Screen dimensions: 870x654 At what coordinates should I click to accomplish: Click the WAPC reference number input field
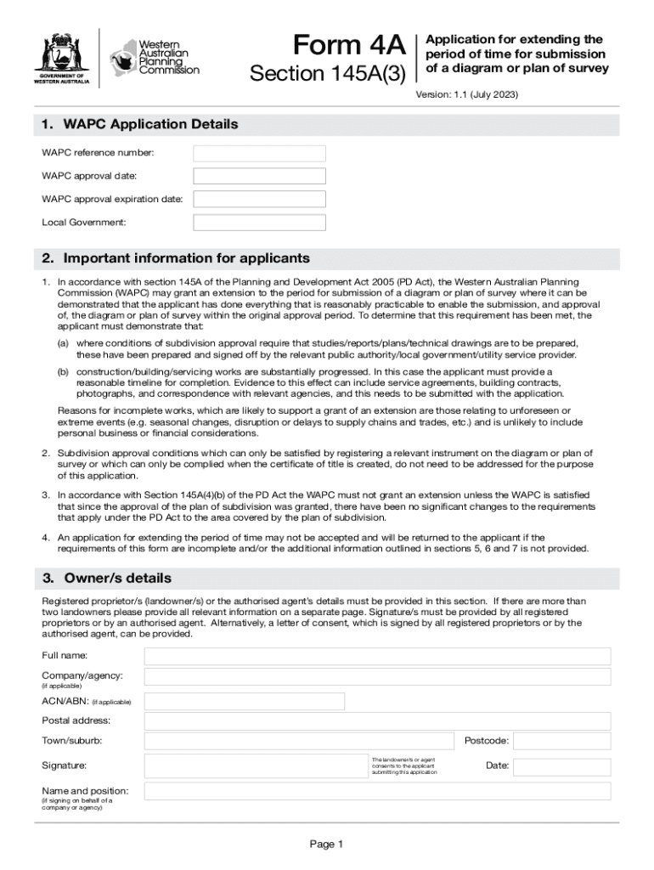pos(259,154)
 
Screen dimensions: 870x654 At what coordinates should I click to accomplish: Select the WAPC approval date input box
pos(259,177)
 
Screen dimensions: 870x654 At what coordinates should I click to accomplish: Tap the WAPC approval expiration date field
pos(259,200)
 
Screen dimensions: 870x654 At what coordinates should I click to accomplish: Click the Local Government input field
pos(259,223)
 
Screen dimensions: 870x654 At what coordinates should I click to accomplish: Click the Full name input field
pos(377,657)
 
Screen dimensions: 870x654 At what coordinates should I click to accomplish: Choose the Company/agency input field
pos(377,677)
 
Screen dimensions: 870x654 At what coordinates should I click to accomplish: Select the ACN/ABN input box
pos(245,702)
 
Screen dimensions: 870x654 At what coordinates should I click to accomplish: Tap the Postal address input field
pos(377,721)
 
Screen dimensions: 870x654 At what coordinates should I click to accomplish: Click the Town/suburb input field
pos(299,741)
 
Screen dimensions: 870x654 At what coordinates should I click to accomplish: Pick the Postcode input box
pos(561,741)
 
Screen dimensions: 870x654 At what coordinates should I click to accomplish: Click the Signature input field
pos(255,765)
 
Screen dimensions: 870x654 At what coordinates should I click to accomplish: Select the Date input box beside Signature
pos(561,765)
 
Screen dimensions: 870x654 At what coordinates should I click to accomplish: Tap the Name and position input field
pos(377,791)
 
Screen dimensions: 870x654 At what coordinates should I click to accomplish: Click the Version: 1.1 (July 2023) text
pos(466,95)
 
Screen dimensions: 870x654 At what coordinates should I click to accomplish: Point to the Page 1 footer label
pos(326,845)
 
